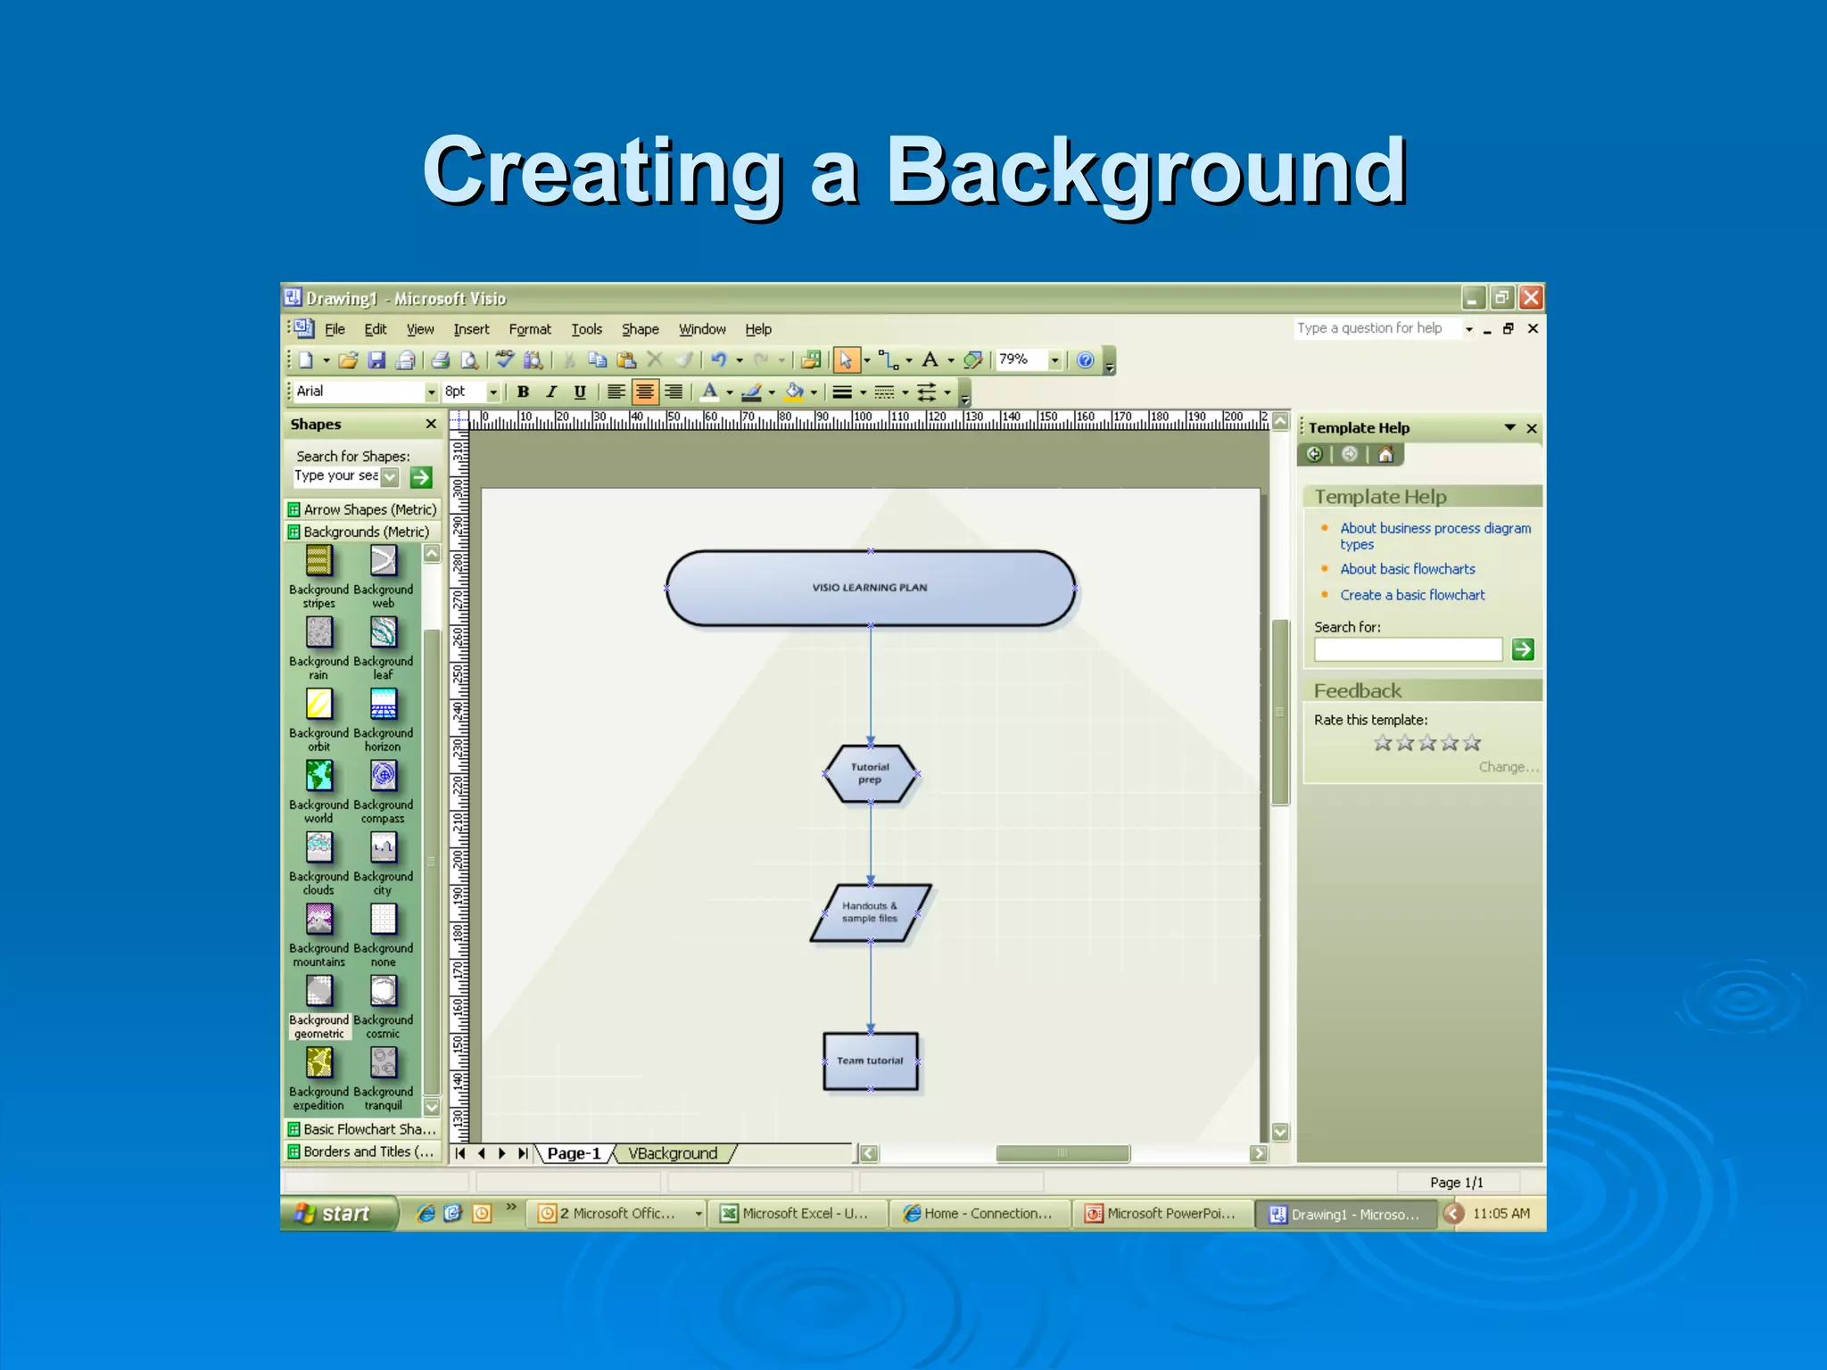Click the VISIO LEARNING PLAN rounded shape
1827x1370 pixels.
click(x=870, y=588)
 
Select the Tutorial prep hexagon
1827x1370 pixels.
click(x=870, y=773)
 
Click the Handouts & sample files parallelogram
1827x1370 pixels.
click(x=870, y=912)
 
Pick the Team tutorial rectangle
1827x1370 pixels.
click(x=870, y=1061)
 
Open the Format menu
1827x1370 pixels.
click(x=530, y=329)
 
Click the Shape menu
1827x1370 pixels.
click(x=640, y=329)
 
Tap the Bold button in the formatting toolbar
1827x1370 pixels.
click(x=524, y=392)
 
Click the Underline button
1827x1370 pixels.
click(x=580, y=392)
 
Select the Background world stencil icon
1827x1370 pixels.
click(x=318, y=776)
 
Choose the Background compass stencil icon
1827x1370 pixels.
click(x=384, y=776)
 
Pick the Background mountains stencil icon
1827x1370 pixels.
click(x=318, y=920)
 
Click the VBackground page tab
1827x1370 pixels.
click(x=673, y=1153)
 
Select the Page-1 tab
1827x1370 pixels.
click(x=574, y=1153)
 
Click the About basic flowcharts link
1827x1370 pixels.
click(x=1407, y=569)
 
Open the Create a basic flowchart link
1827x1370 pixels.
click(x=1412, y=595)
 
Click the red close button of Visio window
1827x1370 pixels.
click(x=1531, y=298)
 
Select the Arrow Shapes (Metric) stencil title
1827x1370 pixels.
click(x=369, y=509)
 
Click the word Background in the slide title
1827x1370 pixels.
click(x=1145, y=170)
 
